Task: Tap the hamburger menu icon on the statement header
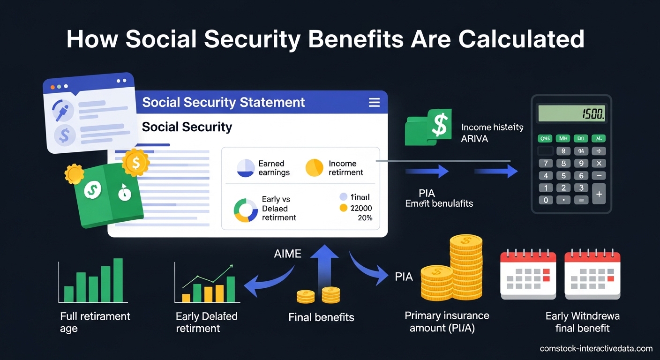(x=374, y=102)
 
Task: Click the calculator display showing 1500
(x=571, y=113)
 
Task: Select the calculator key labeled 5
(x=563, y=176)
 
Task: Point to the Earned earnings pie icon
(x=246, y=168)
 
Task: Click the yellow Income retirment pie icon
(x=315, y=168)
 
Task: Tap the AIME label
(x=288, y=254)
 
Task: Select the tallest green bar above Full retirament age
(x=118, y=280)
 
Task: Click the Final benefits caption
(x=321, y=317)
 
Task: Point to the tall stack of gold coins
(x=465, y=267)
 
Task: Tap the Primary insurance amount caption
(x=447, y=322)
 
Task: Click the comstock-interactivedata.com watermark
(x=596, y=348)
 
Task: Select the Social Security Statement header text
(x=224, y=102)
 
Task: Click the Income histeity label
(x=492, y=127)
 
